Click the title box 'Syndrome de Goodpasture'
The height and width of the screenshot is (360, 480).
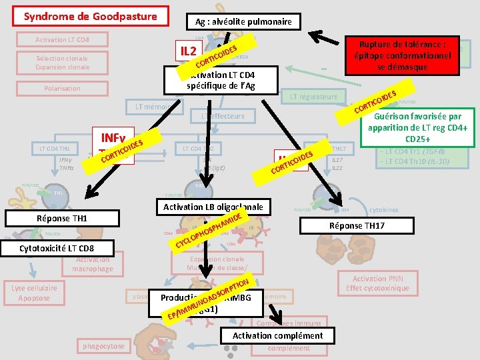pos(90,17)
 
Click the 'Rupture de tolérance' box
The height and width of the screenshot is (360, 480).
pos(398,55)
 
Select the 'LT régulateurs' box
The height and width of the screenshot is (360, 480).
pos(313,97)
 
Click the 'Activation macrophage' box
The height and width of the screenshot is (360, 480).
pos(93,265)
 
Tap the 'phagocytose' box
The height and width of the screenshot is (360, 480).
pos(103,346)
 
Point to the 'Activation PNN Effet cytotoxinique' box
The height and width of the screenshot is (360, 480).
pos(378,283)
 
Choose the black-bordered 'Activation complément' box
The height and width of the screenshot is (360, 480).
pos(279,336)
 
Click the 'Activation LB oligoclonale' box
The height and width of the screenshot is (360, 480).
pos(213,207)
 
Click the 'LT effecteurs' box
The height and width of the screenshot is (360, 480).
pos(223,116)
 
